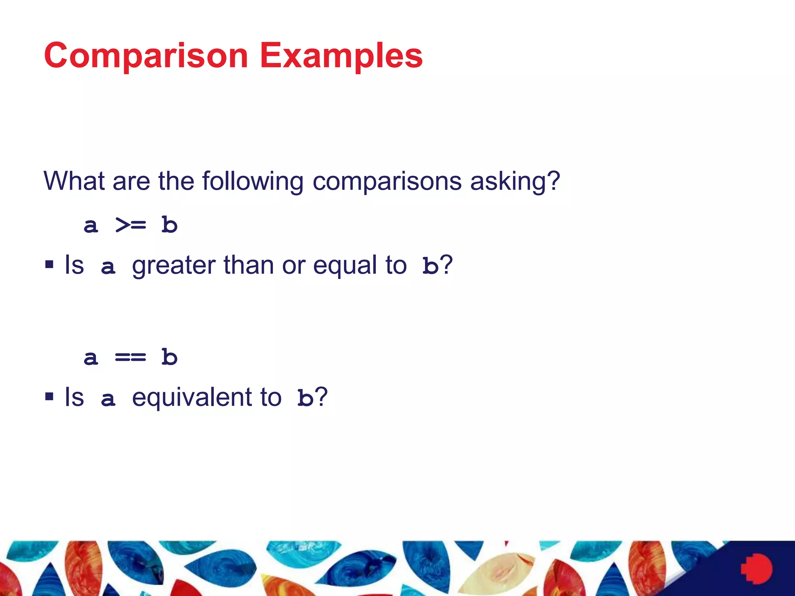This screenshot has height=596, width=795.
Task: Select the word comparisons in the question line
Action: (387, 182)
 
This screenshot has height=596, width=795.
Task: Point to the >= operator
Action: (131, 225)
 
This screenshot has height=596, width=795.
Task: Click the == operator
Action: (130, 357)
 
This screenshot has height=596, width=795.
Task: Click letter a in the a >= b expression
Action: (91, 226)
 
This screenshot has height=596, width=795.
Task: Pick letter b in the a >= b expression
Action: (170, 225)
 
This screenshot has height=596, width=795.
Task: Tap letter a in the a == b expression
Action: (91, 358)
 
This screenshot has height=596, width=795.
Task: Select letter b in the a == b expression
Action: (170, 357)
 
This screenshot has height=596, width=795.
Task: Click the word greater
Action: (174, 266)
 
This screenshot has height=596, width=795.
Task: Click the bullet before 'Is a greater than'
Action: (49, 265)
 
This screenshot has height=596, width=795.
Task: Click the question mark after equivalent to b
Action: (322, 397)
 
